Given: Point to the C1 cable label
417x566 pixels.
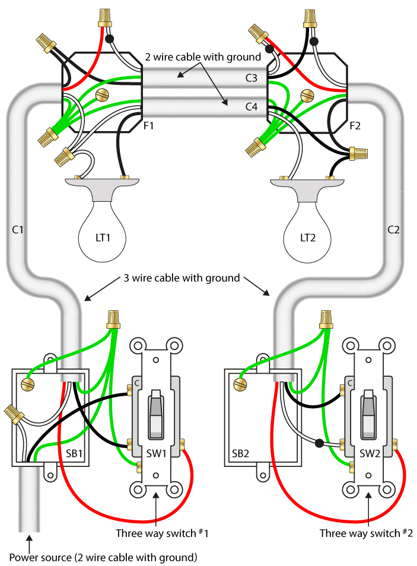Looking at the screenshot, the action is coord(17,230).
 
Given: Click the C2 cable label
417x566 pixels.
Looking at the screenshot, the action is coord(393,230).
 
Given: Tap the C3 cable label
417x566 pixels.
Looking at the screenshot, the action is coord(252,78).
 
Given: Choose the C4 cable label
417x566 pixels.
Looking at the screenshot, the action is coord(252,107).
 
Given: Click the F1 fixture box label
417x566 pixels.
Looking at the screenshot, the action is coord(148,126).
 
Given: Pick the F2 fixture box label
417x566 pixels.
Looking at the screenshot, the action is coord(355,126).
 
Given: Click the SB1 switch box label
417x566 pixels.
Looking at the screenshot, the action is coord(74,453).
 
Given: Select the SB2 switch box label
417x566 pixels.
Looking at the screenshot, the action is coord(240,453).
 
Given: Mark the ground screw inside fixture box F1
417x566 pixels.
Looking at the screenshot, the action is coord(102,95).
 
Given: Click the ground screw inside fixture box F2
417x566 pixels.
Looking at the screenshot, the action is coord(308,95).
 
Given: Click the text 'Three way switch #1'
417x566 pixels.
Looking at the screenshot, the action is coord(162,533).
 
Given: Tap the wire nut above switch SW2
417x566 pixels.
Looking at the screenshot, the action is coord(326,319).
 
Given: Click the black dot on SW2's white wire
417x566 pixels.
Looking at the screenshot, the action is coord(319,443).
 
